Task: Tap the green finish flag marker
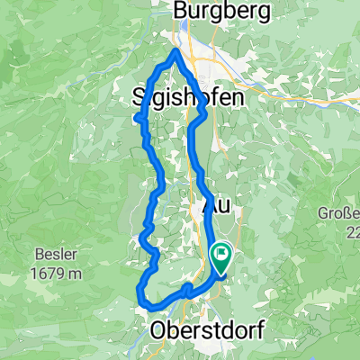tap(220, 257)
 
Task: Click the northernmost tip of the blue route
tap(175, 50)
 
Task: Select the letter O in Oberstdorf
tap(163, 330)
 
